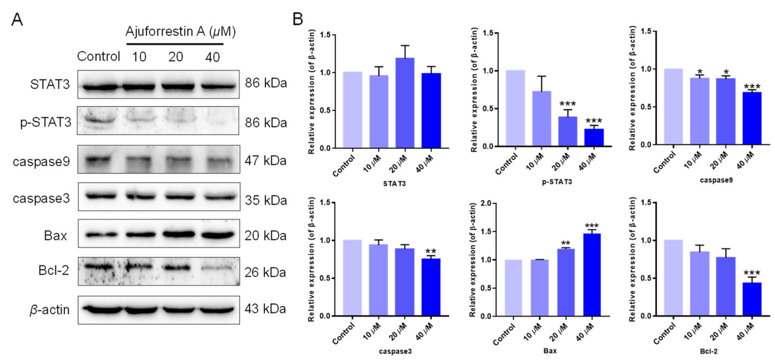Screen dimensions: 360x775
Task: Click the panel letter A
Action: tap(17, 20)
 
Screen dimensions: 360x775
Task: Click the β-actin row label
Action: tap(50, 310)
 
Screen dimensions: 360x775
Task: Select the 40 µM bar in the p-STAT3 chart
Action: tap(594, 138)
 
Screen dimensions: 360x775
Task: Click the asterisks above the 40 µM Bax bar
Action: tap(592, 226)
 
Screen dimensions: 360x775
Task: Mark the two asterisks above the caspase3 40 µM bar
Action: tap(431, 251)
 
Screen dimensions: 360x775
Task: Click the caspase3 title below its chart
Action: tap(395, 351)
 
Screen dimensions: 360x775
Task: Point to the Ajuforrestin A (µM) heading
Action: tap(181, 31)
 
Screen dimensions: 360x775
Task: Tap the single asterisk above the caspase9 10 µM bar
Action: tap(700, 72)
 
